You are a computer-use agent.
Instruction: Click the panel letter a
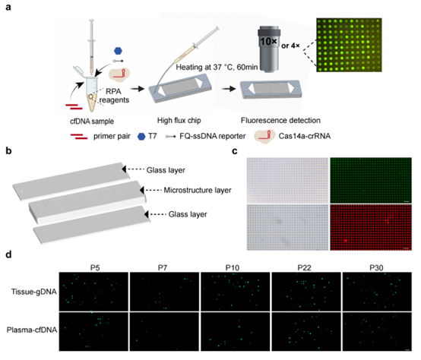point(8,8)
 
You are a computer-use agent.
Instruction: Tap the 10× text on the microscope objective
point(268,41)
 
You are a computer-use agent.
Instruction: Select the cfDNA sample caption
point(92,122)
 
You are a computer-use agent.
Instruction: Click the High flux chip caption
point(179,121)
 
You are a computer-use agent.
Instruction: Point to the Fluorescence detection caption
point(280,121)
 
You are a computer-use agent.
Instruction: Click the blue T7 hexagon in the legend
point(141,137)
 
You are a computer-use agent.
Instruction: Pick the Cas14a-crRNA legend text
point(305,136)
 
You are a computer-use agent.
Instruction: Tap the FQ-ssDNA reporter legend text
point(212,136)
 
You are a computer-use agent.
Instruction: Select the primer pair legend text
point(112,136)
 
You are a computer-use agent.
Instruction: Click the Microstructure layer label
point(198,190)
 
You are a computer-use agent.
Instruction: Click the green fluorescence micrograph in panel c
point(371,180)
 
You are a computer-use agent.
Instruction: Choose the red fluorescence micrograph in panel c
point(371,228)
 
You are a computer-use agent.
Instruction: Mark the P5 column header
point(95,267)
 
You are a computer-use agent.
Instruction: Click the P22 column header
point(304,267)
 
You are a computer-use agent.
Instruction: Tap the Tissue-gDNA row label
point(34,292)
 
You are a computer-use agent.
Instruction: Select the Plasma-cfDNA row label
point(32,330)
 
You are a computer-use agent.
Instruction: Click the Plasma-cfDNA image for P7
point(164,331)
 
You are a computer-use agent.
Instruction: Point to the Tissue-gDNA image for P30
point(377,292)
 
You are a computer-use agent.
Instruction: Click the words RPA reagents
point(114,96)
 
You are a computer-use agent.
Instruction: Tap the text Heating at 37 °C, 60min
point(217,67)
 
